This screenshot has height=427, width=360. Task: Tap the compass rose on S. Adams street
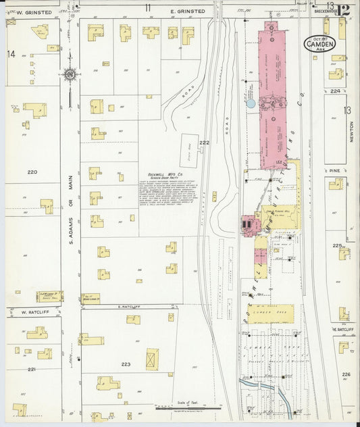(x=69, y=75)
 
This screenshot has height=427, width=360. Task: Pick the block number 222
(x=205, y=143)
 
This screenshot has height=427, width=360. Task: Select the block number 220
(x=31, y=172)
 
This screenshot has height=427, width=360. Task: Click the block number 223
(x=126, y=364)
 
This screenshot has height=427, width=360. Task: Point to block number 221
(x=31, y=370)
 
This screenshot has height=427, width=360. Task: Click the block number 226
(x=346, y=374)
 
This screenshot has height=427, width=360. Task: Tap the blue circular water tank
(x=251, y=103)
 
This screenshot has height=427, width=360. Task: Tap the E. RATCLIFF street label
(x=128, y=306)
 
